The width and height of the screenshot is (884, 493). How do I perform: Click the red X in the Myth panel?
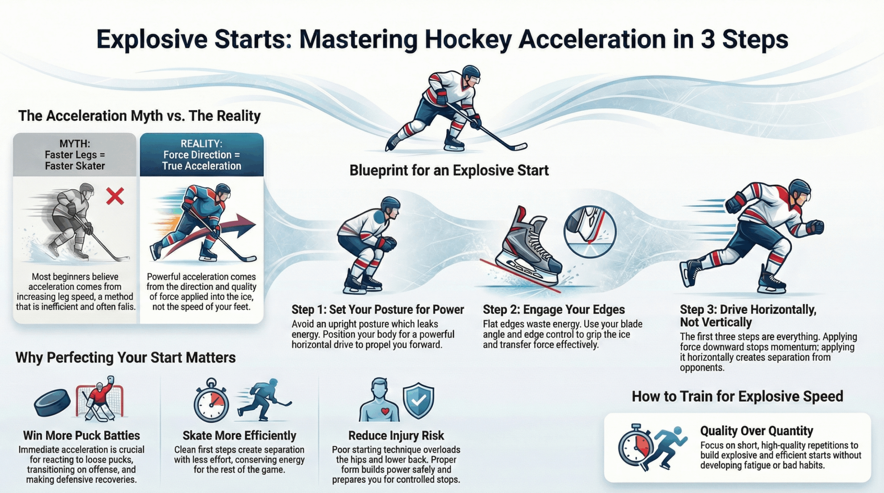[115, 197]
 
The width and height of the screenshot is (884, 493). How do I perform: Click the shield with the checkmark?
[418, 400]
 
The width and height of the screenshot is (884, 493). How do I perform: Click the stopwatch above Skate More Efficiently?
[211, 401]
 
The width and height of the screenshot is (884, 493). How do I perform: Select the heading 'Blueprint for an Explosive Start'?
[449, 170]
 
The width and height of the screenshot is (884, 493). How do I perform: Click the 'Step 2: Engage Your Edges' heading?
[554, 309]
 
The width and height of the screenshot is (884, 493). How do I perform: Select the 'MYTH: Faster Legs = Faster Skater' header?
[75, 155]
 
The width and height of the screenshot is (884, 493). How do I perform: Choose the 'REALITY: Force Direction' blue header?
[202, 155]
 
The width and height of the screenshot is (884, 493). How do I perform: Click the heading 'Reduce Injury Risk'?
[396, 435]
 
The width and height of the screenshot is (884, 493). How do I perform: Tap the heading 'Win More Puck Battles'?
[81, 435]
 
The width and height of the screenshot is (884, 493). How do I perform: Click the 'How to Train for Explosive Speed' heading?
[738, 396]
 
